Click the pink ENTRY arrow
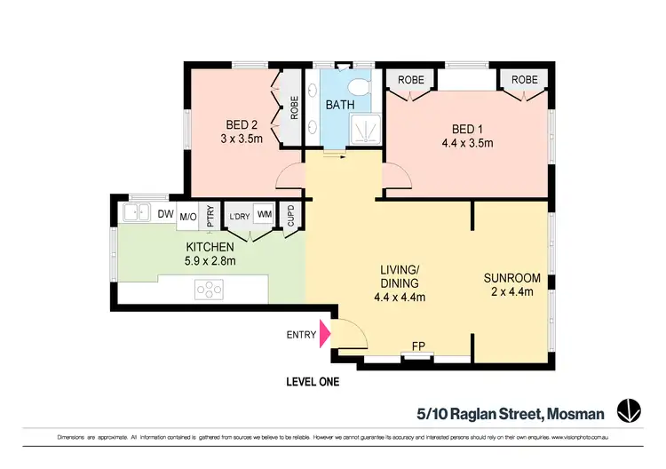(324, 333)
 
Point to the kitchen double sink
(136, 213)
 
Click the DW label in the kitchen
(165, 214)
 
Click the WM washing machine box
(264, 214)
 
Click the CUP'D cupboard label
(289, 216)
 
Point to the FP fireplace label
(417, 346)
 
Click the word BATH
(339, 105)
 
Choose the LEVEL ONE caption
(312, 383)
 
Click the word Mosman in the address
(575, 412)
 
